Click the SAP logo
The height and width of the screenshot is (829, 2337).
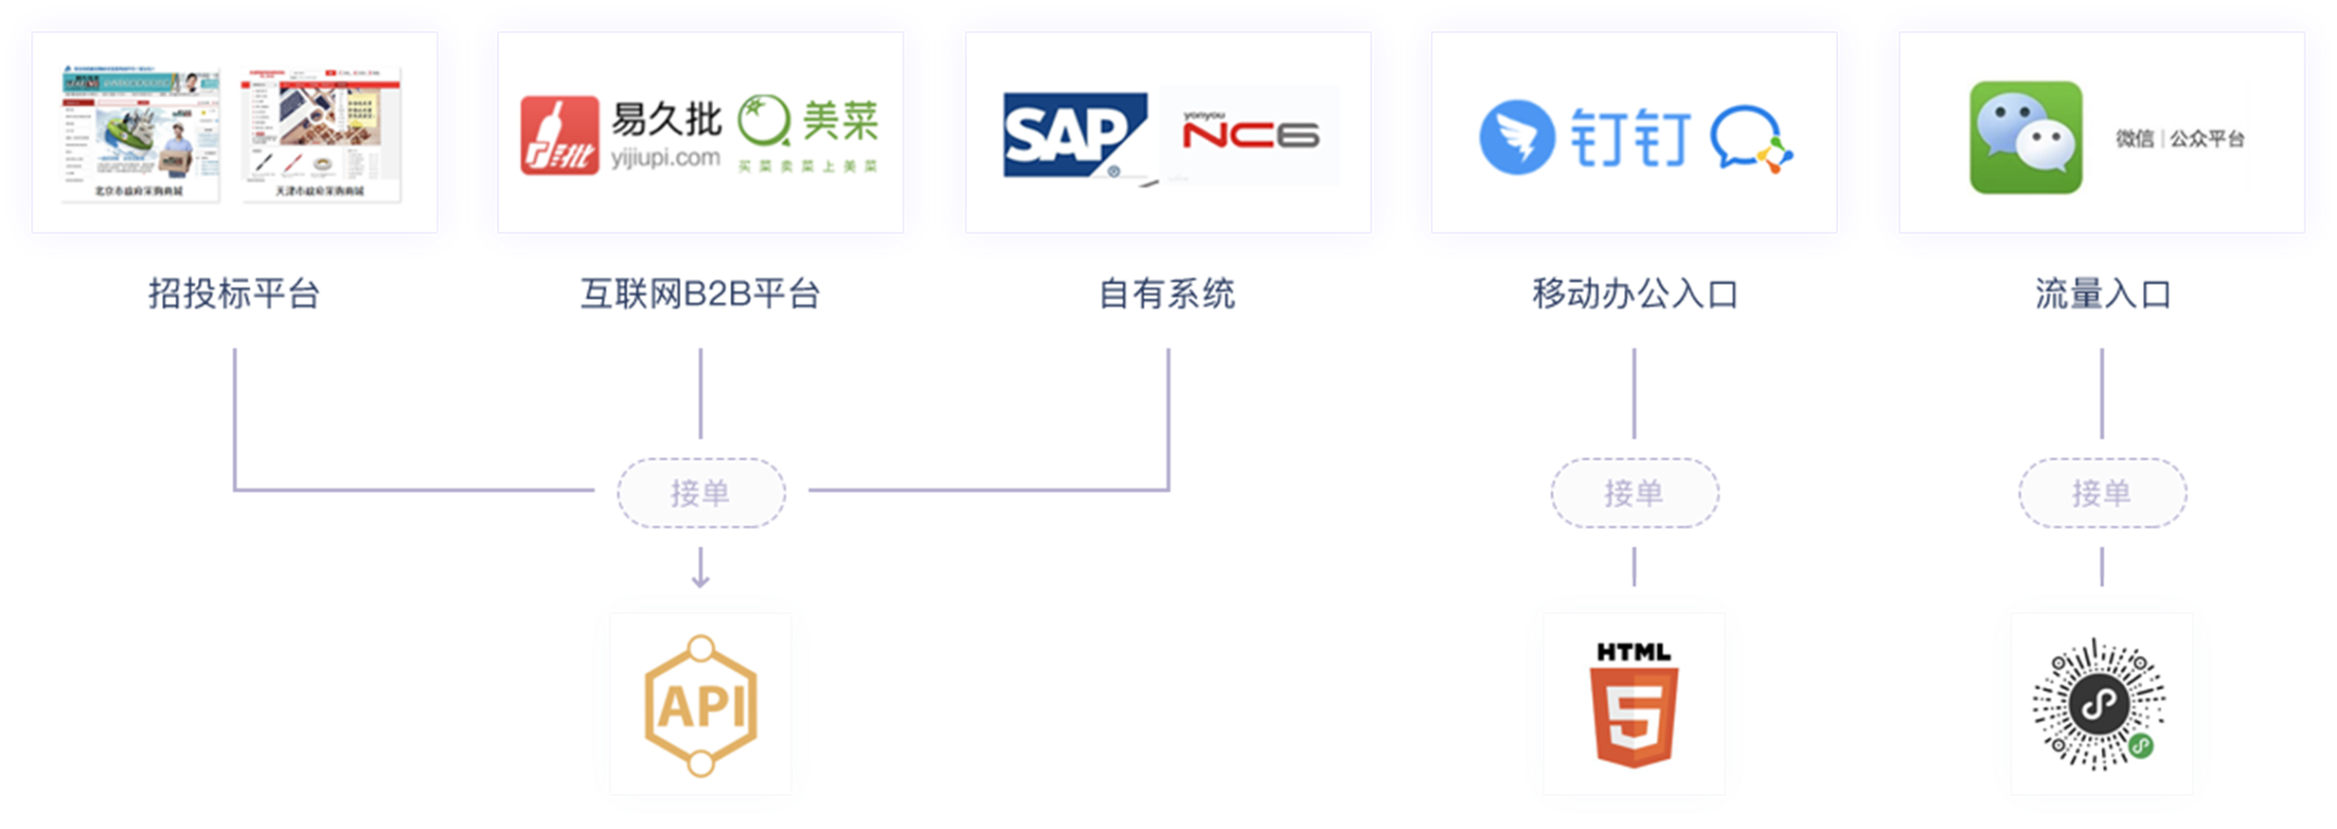(1074, 134)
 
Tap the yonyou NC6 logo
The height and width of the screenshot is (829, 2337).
(1250, 134)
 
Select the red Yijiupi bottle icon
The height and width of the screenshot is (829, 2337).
(559, 135)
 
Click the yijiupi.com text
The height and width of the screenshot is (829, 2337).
(666, 158)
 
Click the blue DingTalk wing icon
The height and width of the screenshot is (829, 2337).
(1517, 137)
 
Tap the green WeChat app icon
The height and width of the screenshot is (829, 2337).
(2025, 137)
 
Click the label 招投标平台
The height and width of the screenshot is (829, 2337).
(234, 293)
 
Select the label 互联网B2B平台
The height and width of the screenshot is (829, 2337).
(700, 293)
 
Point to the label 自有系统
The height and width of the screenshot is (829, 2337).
(1167, 293)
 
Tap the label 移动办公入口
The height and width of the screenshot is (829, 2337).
(1635, 293)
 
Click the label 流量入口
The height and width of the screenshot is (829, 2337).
(2102, 293)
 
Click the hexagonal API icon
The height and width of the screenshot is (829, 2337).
(701, 706)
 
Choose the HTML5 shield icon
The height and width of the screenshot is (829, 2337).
(1633, 706)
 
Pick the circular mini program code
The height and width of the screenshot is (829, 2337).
(2100, 706)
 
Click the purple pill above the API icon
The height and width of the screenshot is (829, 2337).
(701, 492)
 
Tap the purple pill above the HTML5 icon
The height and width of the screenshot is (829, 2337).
(1634, 492)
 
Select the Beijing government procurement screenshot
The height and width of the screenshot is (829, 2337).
(140, 133)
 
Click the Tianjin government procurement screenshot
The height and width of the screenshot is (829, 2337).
(321, 133)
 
